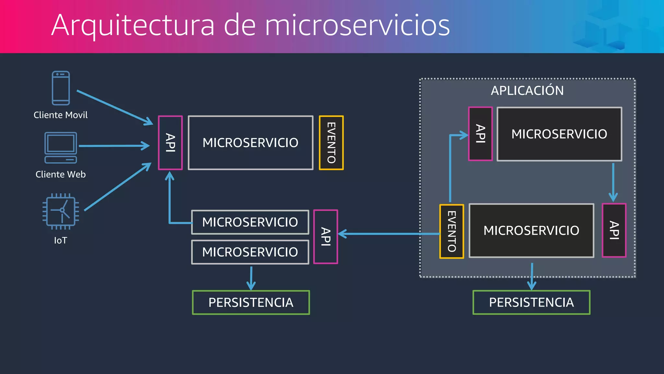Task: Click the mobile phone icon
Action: (61, 88)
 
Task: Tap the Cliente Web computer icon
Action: (61, 147)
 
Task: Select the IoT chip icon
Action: (61, 211)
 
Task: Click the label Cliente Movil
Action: (61, 115)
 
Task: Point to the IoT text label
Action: (61, 240)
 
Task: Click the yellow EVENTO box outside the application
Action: (331, 143)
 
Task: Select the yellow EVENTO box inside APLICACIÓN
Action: (451, 231)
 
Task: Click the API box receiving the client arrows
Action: (170, 143)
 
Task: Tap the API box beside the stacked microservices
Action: (326, 237)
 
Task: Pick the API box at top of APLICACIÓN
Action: (480, 134)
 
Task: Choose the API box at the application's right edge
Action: (614, 231)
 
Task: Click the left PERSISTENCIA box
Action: (251, 302)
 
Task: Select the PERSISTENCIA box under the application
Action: (531, 302)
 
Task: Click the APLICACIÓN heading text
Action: (527, 90)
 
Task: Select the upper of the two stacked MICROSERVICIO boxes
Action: (250, 222)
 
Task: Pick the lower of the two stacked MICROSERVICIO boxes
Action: (250, 252)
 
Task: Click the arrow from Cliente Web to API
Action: (113, 146)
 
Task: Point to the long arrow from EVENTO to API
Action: (389, 234)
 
